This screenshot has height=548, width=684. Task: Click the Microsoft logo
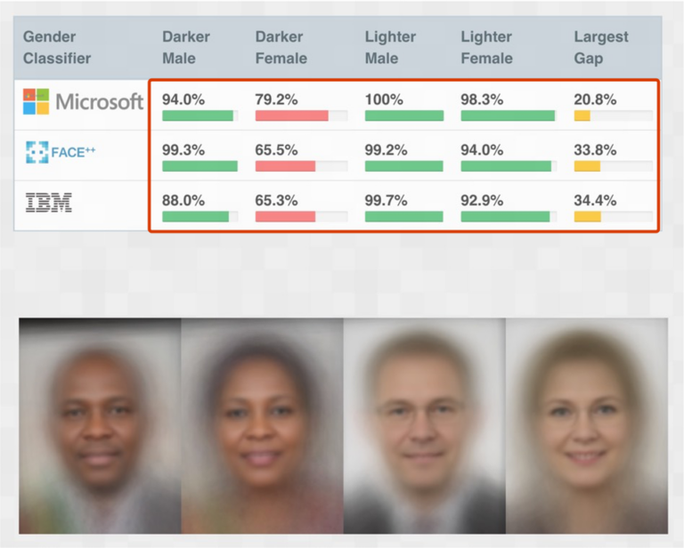click(x=83, y=101)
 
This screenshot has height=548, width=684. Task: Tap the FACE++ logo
click(x=61, y=152)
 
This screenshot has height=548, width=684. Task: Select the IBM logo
click(x=49, y=203)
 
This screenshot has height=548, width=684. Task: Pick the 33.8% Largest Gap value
click(x=595, y=150)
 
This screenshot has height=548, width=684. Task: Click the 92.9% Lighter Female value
click(x=482, y=201)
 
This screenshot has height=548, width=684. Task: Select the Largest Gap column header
click(x=600, y=47)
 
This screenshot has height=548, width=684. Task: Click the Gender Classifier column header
click(x=57, y=47)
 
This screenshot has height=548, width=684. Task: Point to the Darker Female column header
click(x=281, y=47)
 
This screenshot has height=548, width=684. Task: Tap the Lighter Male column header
click(x=390, y=47)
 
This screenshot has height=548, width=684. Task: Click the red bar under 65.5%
click(x=285, y=166)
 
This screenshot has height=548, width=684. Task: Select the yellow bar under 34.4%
click(x=587, y=217)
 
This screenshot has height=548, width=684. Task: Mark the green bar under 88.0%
click(x=195, y=217)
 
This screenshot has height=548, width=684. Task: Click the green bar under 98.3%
click(x=507, y=116)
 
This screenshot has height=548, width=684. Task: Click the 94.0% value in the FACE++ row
click(x=482, y=150)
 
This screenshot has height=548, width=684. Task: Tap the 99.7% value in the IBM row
click(x=386, y=201)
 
